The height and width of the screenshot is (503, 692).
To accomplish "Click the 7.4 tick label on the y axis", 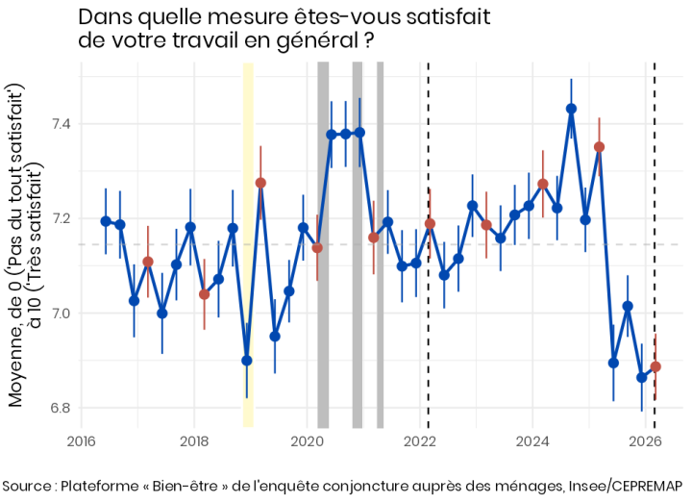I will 58,124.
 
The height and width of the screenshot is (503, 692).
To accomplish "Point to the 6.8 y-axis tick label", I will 58,408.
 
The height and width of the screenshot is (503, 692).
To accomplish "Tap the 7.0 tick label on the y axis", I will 58,314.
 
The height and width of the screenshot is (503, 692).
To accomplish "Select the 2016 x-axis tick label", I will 81,441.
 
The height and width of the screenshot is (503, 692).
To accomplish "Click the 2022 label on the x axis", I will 420,441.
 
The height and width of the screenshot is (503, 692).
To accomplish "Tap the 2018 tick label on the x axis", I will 194,441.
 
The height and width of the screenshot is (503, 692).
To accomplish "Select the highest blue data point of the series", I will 571,109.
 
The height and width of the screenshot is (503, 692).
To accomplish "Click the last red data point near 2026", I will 655,366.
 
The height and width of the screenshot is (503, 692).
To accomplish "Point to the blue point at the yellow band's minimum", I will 247,361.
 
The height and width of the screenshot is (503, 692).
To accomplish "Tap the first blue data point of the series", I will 106,221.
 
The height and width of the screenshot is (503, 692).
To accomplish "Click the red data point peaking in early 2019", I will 260,183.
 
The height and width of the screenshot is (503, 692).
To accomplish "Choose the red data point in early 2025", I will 599,147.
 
